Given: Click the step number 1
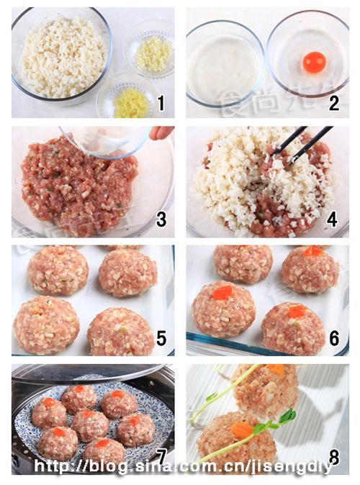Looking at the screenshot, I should click(x=161, y=104).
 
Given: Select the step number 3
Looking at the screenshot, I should click(x=161, y=220).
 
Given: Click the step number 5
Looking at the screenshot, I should click(x=161, y=337).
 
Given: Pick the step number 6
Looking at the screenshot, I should click(x=333, y=337).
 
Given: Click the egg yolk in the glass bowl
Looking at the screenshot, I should click(x=314, y=63).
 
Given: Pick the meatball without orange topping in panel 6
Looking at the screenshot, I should click(x=243, y=263).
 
